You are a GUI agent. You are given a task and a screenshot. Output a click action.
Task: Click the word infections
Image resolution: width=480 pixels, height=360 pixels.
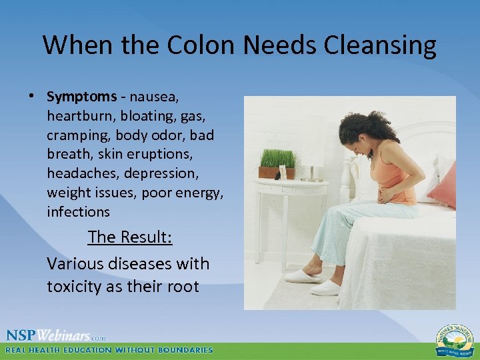(x=78, y=212)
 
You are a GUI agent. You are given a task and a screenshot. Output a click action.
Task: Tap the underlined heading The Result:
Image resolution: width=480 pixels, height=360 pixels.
(x=130, y=237)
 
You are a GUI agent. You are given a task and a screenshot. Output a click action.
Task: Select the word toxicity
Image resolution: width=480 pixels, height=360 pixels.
(x=75, y=287)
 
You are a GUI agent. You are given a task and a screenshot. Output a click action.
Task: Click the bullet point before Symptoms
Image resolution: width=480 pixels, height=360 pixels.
(x=32, y=96)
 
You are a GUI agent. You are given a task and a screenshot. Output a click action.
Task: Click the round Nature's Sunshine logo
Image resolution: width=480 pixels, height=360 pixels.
(x=455, y=339)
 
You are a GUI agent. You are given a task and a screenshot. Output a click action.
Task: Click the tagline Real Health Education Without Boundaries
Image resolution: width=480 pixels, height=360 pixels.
(x=110, y=350)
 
